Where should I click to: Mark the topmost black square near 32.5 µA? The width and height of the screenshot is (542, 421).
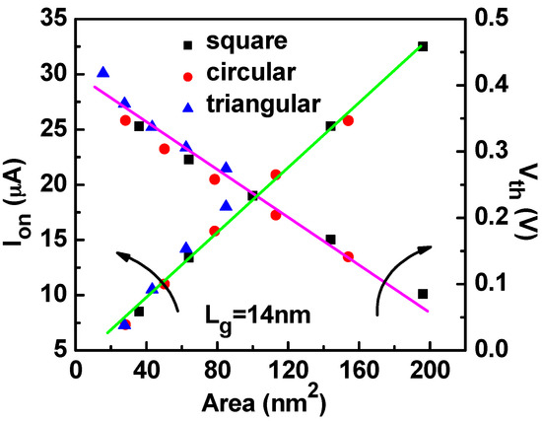point(423,46)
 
